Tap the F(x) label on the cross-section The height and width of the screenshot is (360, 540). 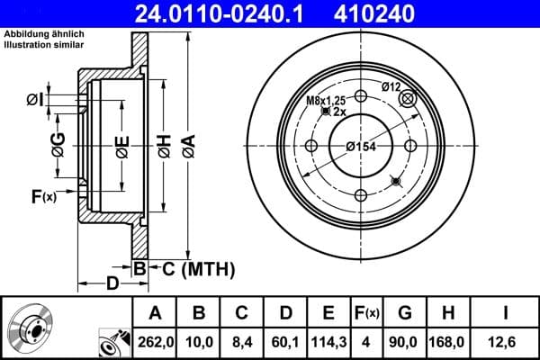point(43,197)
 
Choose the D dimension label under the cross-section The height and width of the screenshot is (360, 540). point(112,284)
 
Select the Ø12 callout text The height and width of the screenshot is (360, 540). point(391,86)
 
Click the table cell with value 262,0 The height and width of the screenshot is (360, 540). point(155,341)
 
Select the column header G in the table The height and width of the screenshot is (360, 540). point(404,312)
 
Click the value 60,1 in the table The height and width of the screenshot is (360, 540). point(283,341)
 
